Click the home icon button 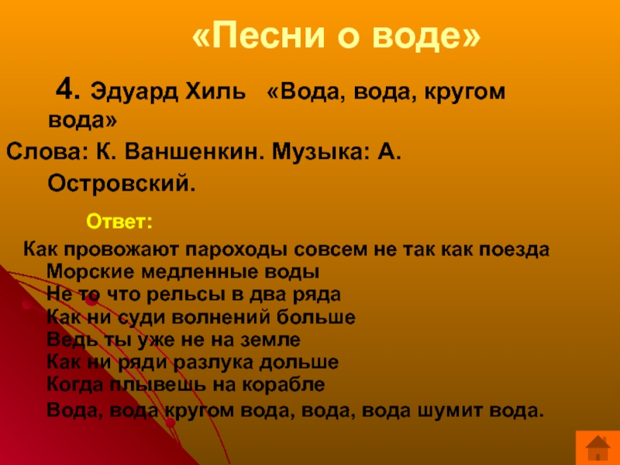pyautogui.click(x=598, y=448)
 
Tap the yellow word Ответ pyautogui.click(x=119, y=222)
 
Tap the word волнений pyautogui.click(x=221, y=317)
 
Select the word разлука pyautogui.click(x=214, y=363)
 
